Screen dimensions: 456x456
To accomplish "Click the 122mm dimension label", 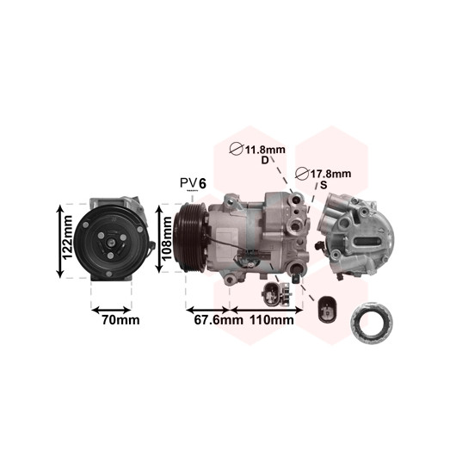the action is pyautogui.click(x=68, y=237).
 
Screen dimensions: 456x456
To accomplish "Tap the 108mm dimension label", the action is pyautogui.click(x=167, y=238).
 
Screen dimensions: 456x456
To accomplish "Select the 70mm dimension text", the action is pyautogui.click(x=120, y=320).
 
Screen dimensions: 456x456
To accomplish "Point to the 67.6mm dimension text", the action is pyautogui.click(x=219, y=320).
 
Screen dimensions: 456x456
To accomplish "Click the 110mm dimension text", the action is pyautogui.click(x=272, y=320).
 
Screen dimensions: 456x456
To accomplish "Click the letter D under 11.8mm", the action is pyautogui.click(x=265, y=160).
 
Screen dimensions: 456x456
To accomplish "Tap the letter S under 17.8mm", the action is pyautogui.click(x=324, y=185).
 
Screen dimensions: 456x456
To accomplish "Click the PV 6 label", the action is pyautogui.click(x=193, y=183).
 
